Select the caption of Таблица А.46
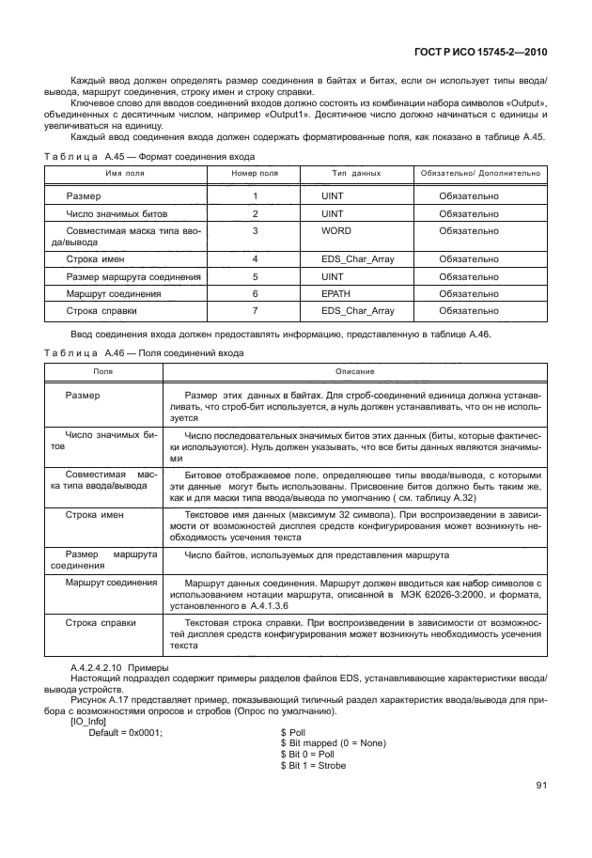tap(144, 353)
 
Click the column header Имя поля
tap(123, 174)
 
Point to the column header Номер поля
tap(255, 174)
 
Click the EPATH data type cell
tap(337, 294)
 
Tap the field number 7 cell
tap(255, 311)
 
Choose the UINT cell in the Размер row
tap(333, 196)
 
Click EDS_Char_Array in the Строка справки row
tap(357, 311)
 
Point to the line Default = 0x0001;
tap(125, 732)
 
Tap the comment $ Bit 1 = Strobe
tap(313, 766)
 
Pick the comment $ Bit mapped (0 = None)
tap(334, 743)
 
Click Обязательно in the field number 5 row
tap(469, 277)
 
